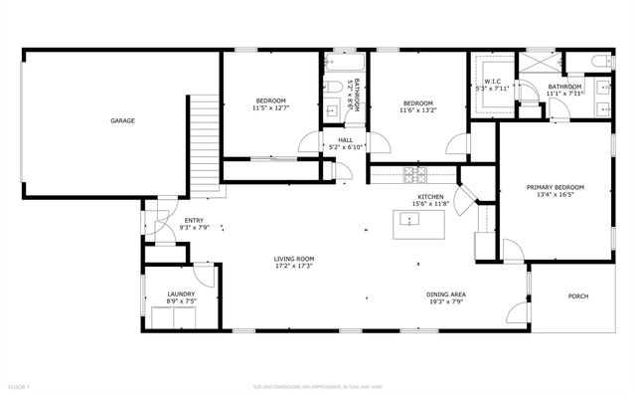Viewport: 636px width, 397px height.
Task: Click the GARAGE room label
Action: tap(122, 120)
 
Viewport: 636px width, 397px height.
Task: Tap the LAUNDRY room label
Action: tap(180, 294)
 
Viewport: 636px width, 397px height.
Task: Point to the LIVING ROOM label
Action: tap(294, 260)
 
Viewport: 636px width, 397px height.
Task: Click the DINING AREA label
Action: tap(446, 295)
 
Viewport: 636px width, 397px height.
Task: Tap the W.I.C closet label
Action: tap(492, 81)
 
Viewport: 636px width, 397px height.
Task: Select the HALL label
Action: tap(345, 140)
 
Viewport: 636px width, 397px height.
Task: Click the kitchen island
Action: tap(407, 221)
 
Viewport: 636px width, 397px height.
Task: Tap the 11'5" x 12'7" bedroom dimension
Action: tap(270, 108)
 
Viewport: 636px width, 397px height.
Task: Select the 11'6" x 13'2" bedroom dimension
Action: tap(417, 110)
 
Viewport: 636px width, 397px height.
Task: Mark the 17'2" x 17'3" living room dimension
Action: tap(294, 267)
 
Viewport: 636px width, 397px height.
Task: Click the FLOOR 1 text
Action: tap(19, 385)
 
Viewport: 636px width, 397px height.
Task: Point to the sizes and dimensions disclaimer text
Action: tap(317, 385)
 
